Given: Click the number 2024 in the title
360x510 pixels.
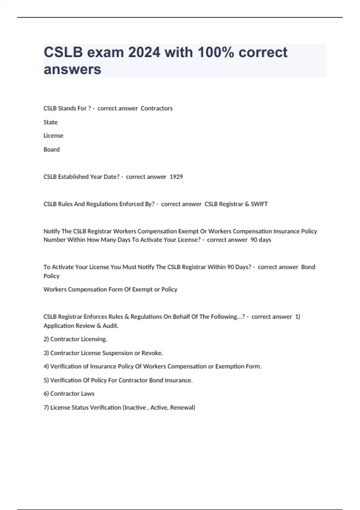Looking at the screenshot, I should point(144,52).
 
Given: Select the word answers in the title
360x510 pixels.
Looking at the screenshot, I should point(73,69).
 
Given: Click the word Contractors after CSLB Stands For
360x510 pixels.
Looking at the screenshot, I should point(157,108).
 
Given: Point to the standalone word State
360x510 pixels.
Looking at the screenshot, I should point(50,122).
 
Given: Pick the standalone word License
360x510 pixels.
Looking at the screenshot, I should point(53,136).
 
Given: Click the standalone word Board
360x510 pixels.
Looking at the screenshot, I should point(52,149).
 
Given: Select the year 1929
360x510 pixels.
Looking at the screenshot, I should point(176,177).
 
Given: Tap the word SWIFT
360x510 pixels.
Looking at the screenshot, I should point(259,204).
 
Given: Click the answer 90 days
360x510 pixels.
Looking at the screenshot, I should point(261,240).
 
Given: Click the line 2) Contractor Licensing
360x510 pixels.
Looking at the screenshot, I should point(75,339).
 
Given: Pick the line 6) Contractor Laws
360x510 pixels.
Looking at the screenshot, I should point(69,394).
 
